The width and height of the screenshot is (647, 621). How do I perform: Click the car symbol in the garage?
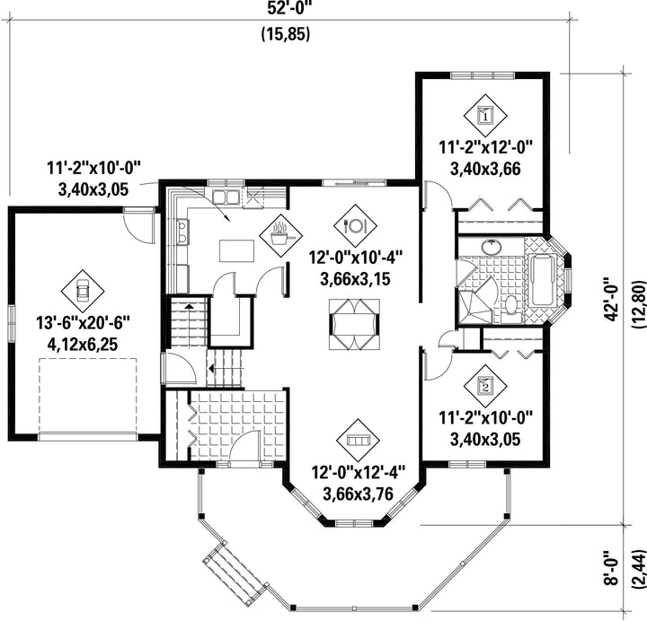point(83,292)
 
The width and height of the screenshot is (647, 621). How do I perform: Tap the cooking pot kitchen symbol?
point(280,235)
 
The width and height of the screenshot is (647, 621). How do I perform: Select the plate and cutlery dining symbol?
point(355,225)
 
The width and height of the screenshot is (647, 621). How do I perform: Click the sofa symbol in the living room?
point(358,441)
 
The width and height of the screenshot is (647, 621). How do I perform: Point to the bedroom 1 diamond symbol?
point(485,116)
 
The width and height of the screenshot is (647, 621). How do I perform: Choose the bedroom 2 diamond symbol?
point(485,386)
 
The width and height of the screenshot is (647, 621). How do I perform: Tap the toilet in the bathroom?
point(511,307)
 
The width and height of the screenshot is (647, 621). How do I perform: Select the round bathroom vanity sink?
point(492,247)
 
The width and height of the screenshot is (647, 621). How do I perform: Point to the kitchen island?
point(237,250)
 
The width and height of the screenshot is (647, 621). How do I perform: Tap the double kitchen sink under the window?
point(226,197)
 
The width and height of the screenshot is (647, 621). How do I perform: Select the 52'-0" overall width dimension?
point(288,8)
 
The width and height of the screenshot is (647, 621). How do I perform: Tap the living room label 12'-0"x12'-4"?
point(358,473)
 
